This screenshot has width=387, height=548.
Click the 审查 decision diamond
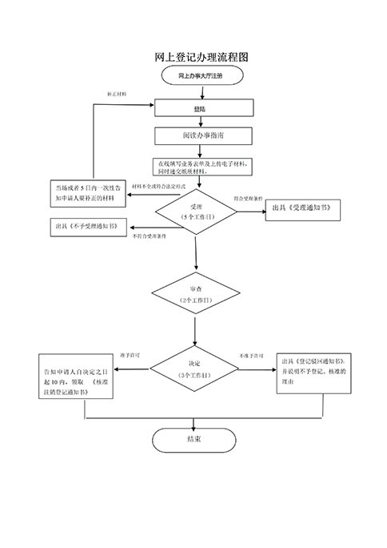pyautogui.click(x=194, y=292)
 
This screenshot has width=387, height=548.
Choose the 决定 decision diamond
pyautogui.click(x=194, y=369)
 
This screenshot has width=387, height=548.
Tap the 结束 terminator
pyautogui.click(x=193, y=439)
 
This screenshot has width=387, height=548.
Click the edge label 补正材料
pyautogui.click(x=118, y=94)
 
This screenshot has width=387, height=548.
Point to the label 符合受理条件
pyautogui.click(x=249, y=197)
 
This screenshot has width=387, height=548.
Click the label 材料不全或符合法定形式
pyautogui.click(x=158, y=187)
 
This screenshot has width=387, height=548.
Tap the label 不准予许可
pyautogui.click(x=253, y=355)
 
